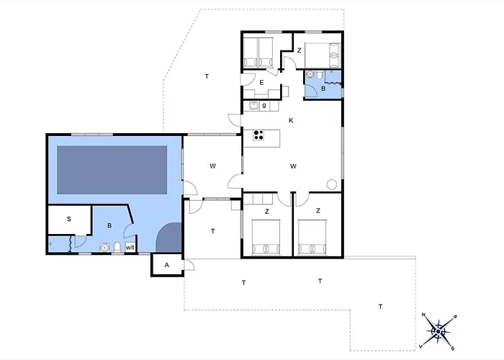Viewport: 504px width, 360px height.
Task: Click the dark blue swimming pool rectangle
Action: coord(112,170)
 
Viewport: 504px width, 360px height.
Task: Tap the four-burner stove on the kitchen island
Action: coord(258,135)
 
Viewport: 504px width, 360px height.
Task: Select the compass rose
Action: coord(438,331)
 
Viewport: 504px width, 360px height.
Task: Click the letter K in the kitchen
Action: coord(291,120)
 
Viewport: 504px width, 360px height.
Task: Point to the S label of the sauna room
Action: coord(69,219)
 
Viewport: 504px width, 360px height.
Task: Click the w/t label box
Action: coord(130,248)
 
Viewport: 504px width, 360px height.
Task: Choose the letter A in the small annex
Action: coord(166,265)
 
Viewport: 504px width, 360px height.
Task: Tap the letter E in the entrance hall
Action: coord(261,83)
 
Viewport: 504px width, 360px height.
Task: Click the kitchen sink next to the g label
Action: coord(254,105)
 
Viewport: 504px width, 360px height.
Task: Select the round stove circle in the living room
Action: coord(332,184)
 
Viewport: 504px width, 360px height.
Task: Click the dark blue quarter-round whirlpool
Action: coord(169,238)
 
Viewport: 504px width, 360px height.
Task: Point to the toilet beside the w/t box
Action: coord(117,247)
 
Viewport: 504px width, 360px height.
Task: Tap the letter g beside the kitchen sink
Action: coord(264,105)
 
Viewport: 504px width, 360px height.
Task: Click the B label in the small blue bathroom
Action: coord(323,89)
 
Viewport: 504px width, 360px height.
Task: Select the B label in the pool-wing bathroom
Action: coord(109,225)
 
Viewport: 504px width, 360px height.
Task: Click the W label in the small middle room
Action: coord(213,166)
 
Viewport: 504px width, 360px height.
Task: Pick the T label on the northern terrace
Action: coord(207,76)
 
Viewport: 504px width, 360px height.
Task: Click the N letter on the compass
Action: coord(423,315)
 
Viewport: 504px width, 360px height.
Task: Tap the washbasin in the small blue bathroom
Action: coord(310,74)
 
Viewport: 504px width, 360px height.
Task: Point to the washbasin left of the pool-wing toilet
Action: coord(104,248)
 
